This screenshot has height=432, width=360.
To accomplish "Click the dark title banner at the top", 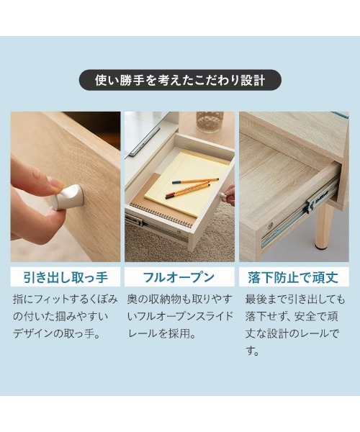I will click(180, 79).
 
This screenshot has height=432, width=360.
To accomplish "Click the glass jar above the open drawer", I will click(210, 122).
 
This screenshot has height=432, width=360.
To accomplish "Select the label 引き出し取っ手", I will click(66, 277).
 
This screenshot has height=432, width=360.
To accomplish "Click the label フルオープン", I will click(180, 277).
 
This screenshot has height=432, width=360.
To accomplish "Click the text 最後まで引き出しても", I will click(295, 298).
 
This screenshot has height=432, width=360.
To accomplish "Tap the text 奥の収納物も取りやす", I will click(180, 298).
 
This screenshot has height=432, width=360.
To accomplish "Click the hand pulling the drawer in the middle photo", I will click(229, 194).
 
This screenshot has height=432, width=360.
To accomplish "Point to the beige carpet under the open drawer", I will click(216, 241).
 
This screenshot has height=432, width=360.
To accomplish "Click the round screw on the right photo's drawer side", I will click(270, 225).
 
